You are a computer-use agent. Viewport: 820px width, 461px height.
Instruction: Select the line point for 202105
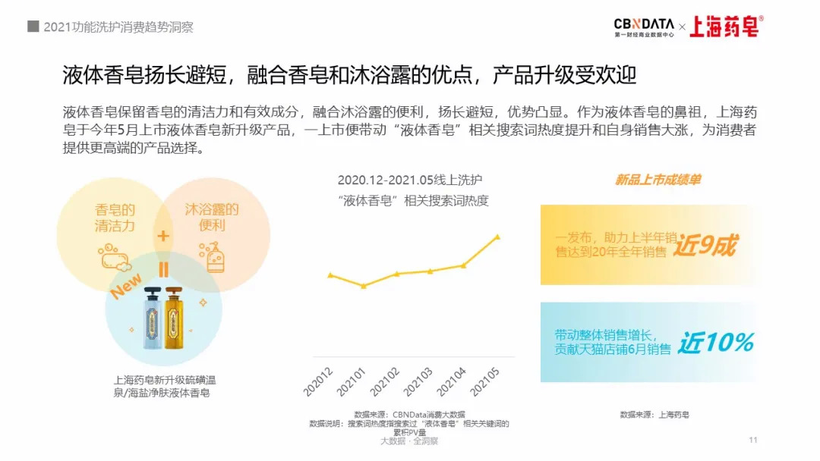click(497, 237)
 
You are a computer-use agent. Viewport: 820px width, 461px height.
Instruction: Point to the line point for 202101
click(364, 286)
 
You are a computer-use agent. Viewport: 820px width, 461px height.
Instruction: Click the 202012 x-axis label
click(318, 381)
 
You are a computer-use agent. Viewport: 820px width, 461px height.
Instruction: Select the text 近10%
click(715, 343)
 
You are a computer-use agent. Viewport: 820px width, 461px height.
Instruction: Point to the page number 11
click(753, 441)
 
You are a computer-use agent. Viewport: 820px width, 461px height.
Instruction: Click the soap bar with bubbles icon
click(115, 257)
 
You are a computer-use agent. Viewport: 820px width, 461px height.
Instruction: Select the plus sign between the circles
click(163, 236)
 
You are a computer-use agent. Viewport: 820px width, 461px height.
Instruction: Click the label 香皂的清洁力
click(115, 217)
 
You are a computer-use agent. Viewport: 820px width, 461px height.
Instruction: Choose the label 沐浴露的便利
click(212, 217)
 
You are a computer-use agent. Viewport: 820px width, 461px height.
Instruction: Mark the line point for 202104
click(464, 265)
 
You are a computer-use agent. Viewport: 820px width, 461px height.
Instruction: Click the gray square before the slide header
click(33, 27)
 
